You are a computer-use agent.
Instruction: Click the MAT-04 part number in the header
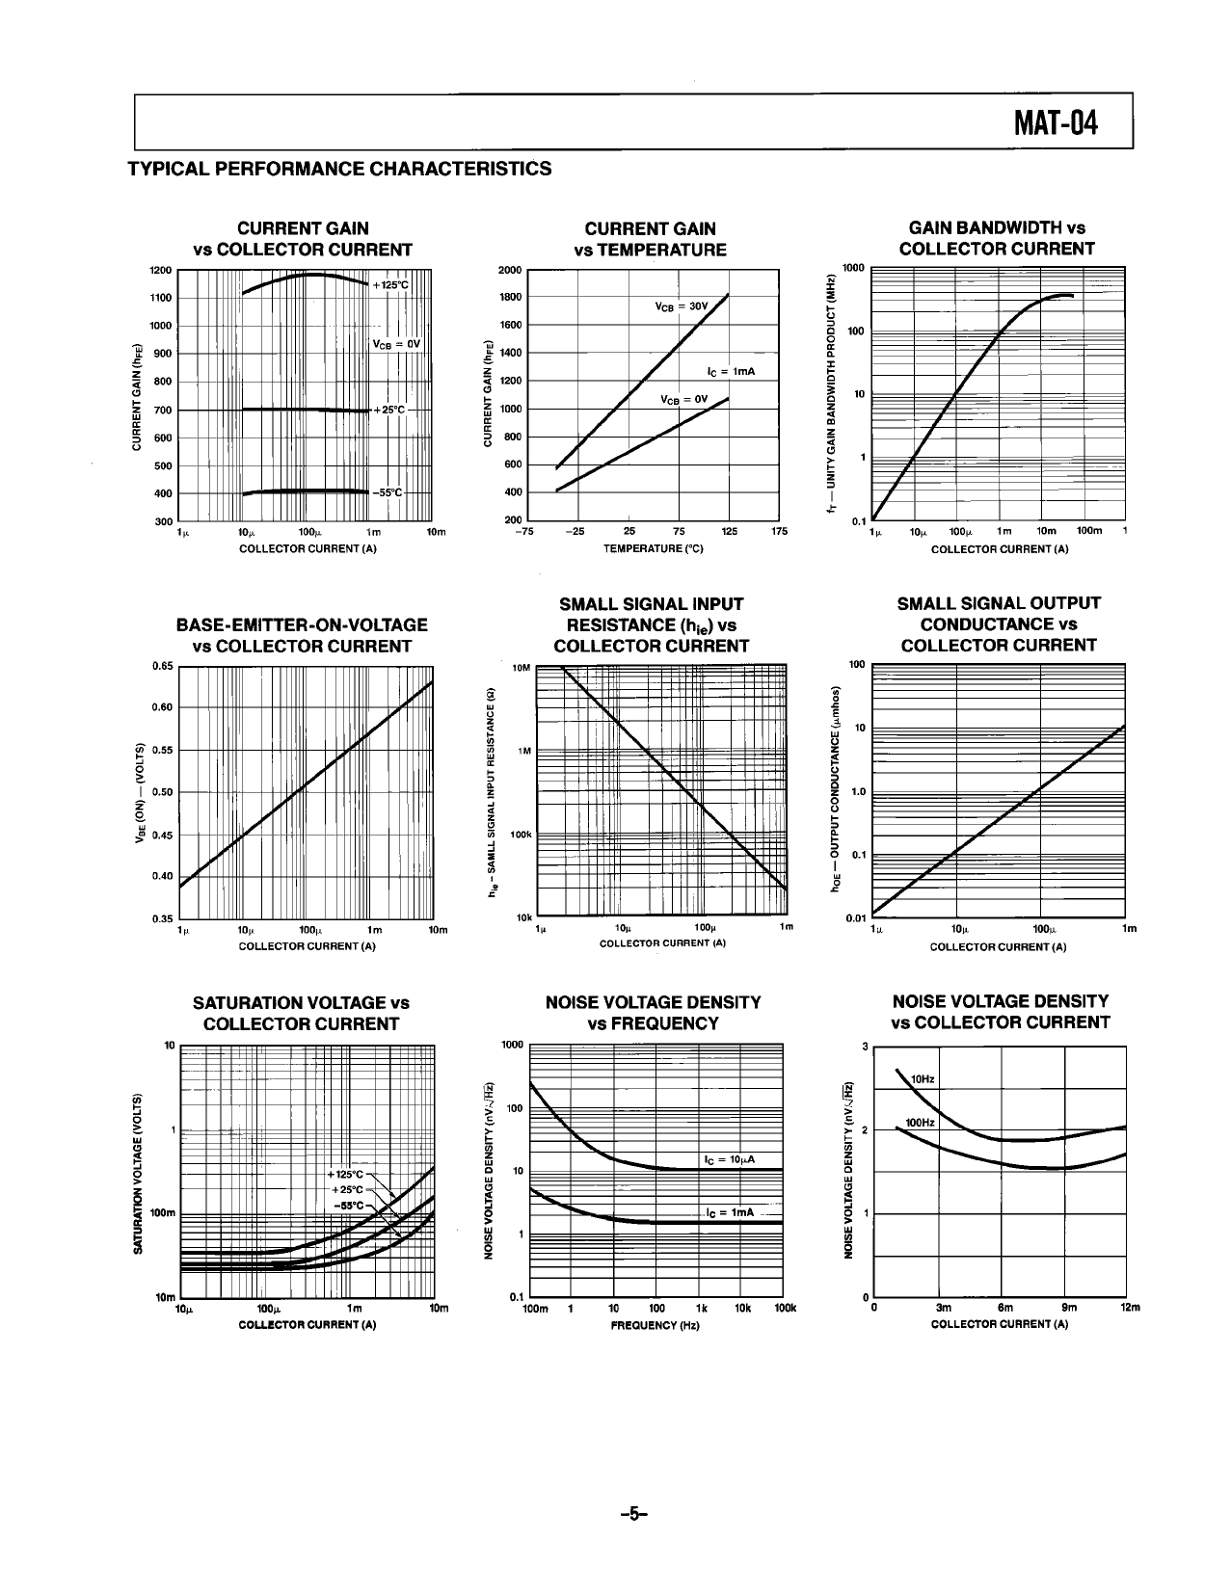pyautogui.click(x=1056, y=124)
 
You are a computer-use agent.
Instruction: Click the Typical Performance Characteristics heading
pyautogui.click(x=340, y=169)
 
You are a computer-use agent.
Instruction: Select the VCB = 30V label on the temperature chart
pyautogui.click(x=681, y=306)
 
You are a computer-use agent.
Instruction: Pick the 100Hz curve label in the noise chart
pyautogui.click(x=920, y=1123)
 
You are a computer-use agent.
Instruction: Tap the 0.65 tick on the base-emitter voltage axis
pyautogui.click(x=162, y=665)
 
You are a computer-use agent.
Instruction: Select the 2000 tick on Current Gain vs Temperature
pyautogui.click(x=510, y=270)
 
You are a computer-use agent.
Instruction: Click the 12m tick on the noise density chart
pyautogui.click(x=1129, y=1308)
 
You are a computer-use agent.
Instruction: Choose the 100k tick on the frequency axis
pyautogui.click(x=785, y=1308)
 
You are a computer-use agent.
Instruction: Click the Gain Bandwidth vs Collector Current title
pyautogui.click(x=997, y=238)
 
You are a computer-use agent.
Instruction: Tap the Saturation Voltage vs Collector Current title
pyautogui.click(x=302, y=1013)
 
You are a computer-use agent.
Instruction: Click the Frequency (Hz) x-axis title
pyautogui.click(x=655, y=1325)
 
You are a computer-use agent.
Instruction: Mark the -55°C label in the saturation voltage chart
pyautogui.click(x=349, y=1205)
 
